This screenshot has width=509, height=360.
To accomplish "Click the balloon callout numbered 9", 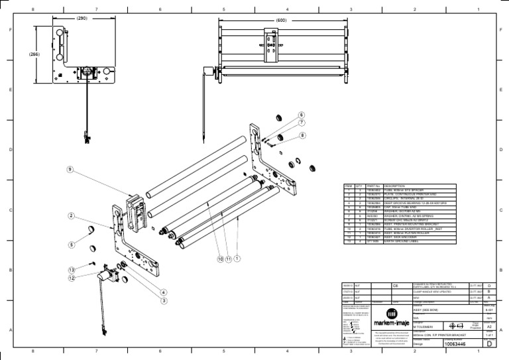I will tap(70, 170).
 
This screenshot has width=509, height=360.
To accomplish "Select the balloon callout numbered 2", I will tap(70, 215).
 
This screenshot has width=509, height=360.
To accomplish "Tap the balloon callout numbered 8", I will tap(302, 135).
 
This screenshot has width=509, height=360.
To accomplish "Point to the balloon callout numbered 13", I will tap(70, 270).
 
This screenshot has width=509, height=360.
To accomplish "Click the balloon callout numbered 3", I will tap(163, 300).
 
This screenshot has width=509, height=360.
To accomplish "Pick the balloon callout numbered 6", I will tap(302, 115).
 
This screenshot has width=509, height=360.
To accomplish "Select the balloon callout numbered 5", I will tap(70, 244).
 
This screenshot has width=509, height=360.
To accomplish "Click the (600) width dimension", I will tap(282, 21).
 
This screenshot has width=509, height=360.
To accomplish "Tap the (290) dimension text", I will tap(82, 19).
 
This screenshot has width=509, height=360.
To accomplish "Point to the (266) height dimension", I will tap(34, 55).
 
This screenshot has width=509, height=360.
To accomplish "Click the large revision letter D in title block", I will tap(488, 343).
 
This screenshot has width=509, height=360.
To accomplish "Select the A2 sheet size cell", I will tap(489, 327).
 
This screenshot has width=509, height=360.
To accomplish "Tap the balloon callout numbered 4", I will tap(163, 292).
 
